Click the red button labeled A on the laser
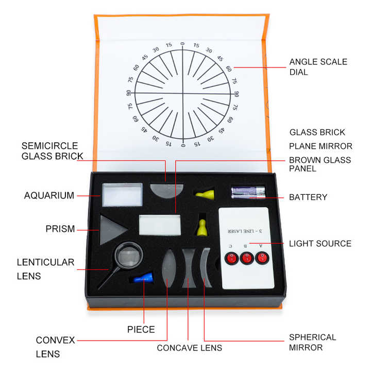click(x=262, y=258)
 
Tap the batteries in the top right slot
click(x=248, y=192)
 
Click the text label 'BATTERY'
click(x=308, y=197)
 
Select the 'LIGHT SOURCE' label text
click(x=320, y=243)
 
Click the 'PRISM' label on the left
click(x=60, y=229)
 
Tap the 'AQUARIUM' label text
click(x=49, y=196)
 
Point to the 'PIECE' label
click(x=141, y=329)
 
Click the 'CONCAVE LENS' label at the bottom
click(x=189, y=348)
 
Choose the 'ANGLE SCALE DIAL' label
click(x=318, y=67)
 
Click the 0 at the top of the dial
click(x=182, y=44)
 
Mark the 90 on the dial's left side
click(x=128, y=93)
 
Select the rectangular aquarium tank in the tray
click(x=122, y=195)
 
